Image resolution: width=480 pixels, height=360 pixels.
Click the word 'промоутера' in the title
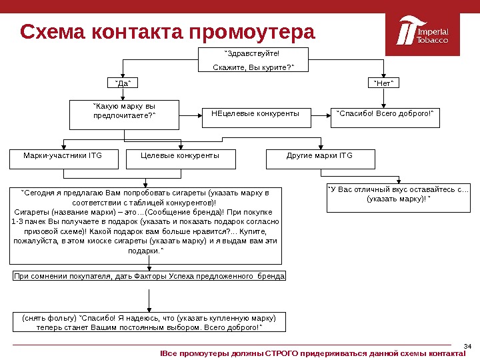252,32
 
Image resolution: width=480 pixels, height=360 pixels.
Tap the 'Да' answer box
122,83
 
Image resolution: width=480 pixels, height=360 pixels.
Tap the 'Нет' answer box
383,83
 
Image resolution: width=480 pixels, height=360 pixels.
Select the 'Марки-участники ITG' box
63,159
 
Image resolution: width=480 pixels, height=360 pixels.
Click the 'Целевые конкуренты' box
180,159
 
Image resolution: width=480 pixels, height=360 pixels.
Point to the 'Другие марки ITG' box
320,159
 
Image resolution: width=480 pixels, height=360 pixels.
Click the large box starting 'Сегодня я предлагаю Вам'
146,225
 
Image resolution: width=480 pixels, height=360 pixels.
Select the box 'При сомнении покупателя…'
149,275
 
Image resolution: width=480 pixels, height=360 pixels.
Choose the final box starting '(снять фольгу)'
149,321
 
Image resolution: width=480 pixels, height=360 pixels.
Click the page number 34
467,345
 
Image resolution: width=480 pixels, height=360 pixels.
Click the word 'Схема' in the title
53,32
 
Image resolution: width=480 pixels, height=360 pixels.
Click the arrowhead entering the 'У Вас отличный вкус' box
399,181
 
